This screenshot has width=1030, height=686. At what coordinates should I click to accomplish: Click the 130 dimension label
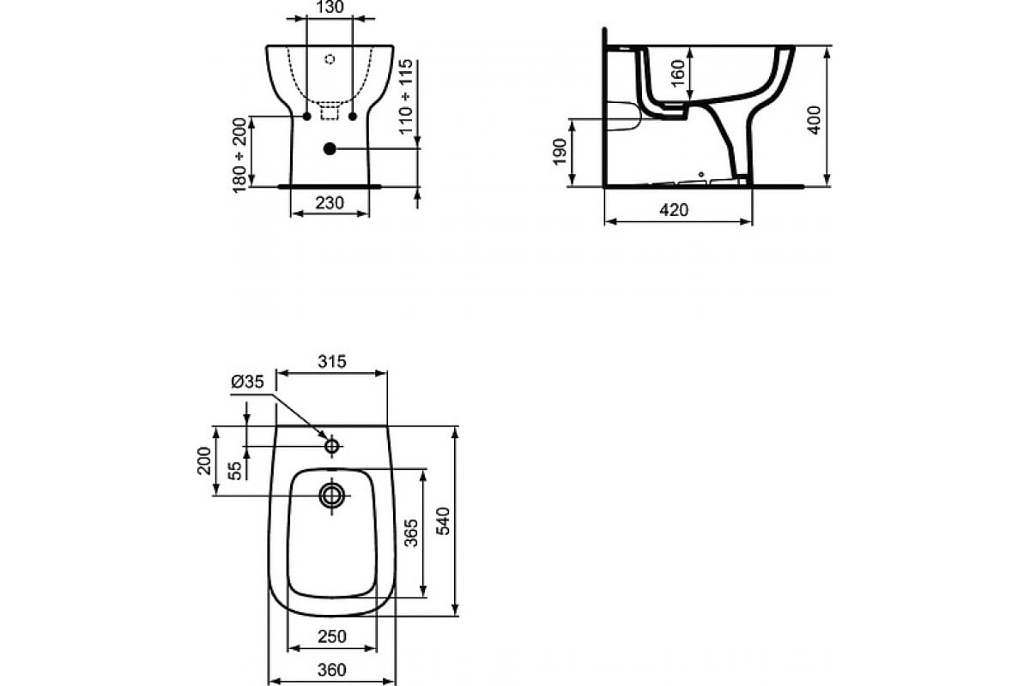coord(330,8)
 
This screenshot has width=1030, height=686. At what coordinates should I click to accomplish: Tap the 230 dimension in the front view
coord(330,203)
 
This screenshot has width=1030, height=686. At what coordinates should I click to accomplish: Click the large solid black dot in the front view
coord(330,148)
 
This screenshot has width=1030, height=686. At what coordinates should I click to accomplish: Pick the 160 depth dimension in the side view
coord(678,74)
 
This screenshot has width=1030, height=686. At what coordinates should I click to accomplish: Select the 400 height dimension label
coord(815,118)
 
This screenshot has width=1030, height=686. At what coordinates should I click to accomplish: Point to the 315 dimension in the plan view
coord(330,362)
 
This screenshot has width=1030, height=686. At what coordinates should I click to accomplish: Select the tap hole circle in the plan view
coord(332,446)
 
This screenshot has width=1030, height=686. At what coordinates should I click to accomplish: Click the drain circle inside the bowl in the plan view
coord(331,495)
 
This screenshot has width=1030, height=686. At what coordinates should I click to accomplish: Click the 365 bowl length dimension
coord(411,534)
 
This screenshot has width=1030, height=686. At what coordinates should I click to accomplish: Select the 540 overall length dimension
coord(444,520)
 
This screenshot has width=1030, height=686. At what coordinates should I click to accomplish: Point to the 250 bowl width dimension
coord(331,636)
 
